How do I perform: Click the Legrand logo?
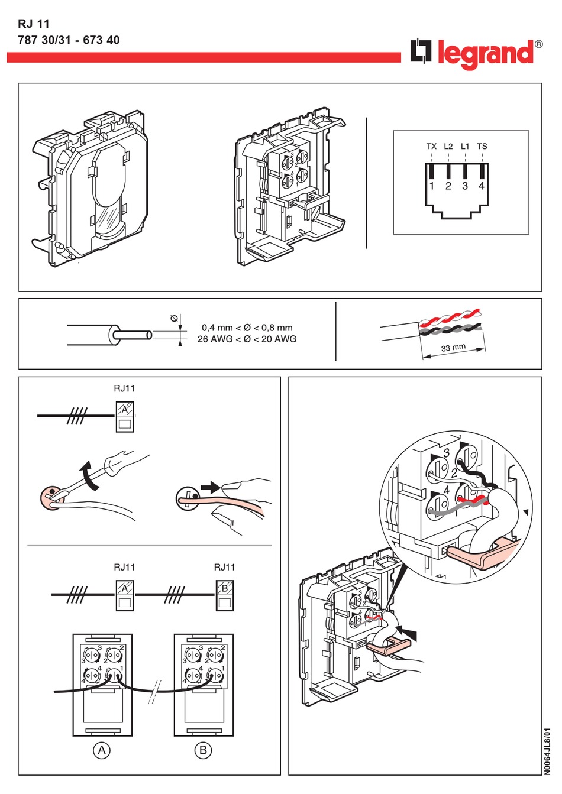pyautogui.click(x=477, y=54)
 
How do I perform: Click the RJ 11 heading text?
pyautogui.click(x=34, y=24)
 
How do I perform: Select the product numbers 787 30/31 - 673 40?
pyautogui.click(x=69, y=40)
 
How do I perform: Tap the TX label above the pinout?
pyautogui.click(x=431, y=146)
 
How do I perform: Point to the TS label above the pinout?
pyautogui.click(x=482, y=146)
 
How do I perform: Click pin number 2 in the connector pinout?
pyautogui.click(x=448, y=186)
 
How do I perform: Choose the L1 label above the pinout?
pyautogui.click(x=465, y=146)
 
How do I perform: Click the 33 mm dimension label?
pyautogui.click(x=453, y=348)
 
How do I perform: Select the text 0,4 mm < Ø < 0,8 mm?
pyautogui.click(x=247, y=328)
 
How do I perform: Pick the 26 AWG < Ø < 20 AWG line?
pyautogui.click(x=247, y=339)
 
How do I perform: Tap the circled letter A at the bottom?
pyautogui.click(x=102, y=750)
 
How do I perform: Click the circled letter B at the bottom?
pyautogui.click(x=203, y=750)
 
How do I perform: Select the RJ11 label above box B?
pyautogui.click(x=224, y=567)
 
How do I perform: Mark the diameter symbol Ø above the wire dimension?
pyautogui.click(x=175, y=319)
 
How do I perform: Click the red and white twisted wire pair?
pyautogui.click(x=453, y=316)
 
